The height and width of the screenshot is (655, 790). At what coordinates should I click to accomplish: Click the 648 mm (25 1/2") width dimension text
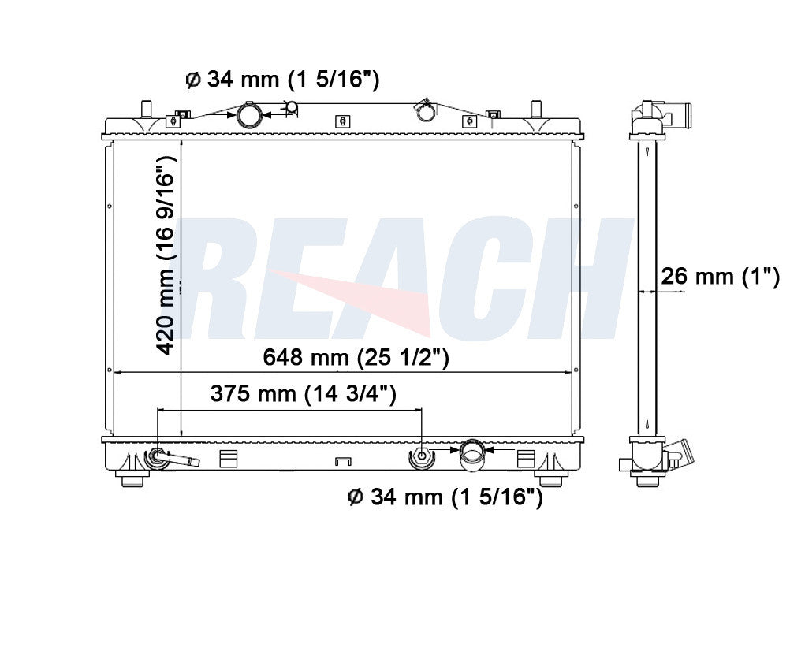[356, 358]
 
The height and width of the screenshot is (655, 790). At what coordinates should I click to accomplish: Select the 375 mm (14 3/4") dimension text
[304, 393]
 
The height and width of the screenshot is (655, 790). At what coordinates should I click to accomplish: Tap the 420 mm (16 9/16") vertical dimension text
[166, 255]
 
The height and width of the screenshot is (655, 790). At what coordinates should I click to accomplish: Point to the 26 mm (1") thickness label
[720, 277]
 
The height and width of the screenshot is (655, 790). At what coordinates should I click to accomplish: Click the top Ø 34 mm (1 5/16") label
[282, 79]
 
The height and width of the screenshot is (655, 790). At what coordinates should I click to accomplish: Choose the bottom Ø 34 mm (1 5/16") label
[445, 497]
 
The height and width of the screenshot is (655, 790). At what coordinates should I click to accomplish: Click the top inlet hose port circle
[249, 115]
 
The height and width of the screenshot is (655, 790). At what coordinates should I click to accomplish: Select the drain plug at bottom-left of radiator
[170, 457]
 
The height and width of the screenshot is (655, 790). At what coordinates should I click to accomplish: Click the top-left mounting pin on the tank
[146, 109]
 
